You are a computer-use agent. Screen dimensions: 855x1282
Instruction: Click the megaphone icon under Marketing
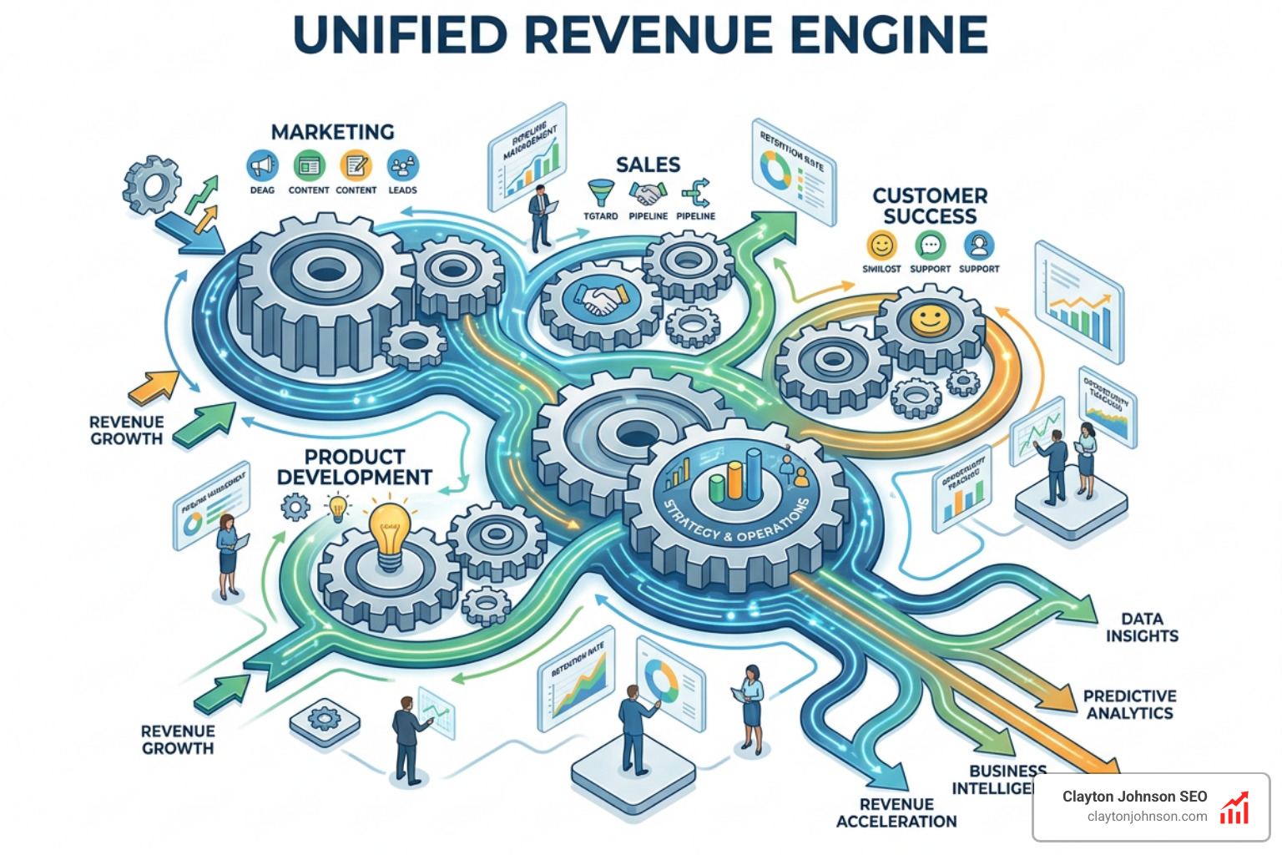point(262,166)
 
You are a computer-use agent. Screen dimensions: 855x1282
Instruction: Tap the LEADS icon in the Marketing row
point(403,166)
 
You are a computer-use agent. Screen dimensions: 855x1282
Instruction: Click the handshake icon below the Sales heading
point(648,194)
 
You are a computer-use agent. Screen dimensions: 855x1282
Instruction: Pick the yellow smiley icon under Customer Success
point(881,245)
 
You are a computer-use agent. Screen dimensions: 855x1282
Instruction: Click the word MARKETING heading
point(332,132)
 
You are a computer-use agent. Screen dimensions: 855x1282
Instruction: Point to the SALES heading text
point(648,164)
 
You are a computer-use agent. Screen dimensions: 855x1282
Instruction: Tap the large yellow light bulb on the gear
point(390,534)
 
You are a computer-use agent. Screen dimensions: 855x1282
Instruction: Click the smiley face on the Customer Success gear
point(929,320)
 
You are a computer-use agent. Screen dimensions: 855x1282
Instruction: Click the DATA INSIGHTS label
point(1142,627)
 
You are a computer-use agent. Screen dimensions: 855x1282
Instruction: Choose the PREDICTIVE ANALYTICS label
point(1129,704)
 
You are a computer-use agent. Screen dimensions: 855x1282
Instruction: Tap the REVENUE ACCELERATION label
point(896,812)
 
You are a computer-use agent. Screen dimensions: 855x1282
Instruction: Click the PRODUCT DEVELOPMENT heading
point(355,467)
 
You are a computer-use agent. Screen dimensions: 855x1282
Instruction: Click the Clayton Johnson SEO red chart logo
point(1235,807)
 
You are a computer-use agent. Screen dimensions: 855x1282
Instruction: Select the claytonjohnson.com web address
point(1147,817)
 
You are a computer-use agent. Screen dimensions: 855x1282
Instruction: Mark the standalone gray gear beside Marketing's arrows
point(152,185)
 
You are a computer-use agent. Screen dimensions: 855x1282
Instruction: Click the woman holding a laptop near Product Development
point(228,554)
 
